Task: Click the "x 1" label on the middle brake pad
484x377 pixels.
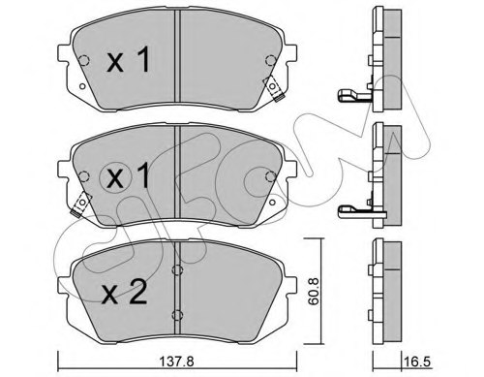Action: [128, 177]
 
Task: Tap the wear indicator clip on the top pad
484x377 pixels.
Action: [275, 90]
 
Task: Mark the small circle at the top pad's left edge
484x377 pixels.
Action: [82, 63]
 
